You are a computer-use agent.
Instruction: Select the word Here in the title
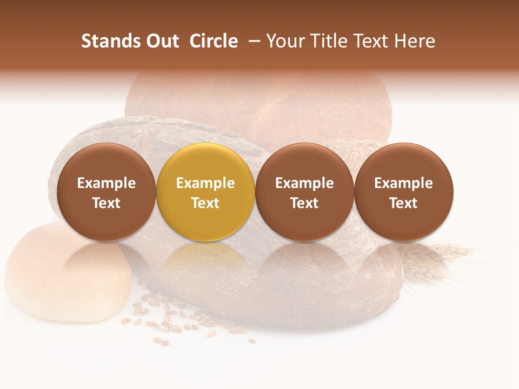click(414, 41)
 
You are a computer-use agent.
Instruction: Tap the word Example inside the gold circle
click(205, 183)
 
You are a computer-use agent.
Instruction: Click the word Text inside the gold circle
click(205, 203)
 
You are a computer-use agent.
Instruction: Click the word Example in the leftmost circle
click(107, 183)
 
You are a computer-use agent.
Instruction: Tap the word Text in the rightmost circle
click(404, 203)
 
